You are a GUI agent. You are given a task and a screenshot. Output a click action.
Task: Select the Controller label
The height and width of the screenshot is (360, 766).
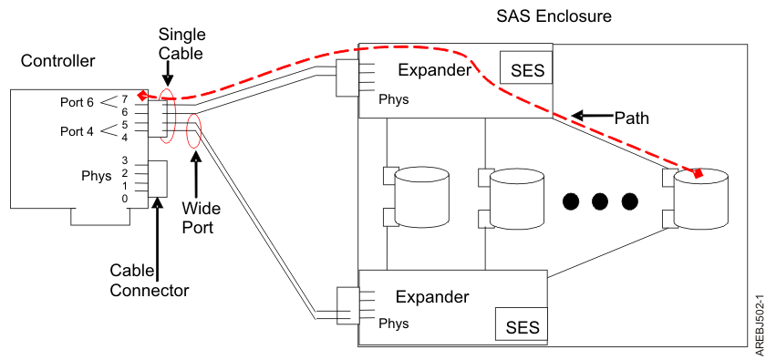57,61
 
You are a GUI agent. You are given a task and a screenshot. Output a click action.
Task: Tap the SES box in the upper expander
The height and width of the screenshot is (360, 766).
526,70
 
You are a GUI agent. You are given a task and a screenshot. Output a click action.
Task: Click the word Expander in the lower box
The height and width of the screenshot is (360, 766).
432,296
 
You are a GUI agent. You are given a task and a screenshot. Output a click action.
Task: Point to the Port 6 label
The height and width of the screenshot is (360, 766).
78,103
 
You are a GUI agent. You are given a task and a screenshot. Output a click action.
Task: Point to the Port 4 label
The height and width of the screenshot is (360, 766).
78,130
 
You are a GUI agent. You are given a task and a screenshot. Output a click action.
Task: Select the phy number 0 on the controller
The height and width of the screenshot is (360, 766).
125,198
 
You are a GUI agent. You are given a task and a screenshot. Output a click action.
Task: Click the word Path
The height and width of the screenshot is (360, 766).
631,118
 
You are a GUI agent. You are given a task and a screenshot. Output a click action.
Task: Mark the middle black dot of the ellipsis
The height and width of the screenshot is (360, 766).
600,201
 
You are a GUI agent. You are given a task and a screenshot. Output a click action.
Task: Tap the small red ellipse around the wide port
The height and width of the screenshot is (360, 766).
193,134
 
